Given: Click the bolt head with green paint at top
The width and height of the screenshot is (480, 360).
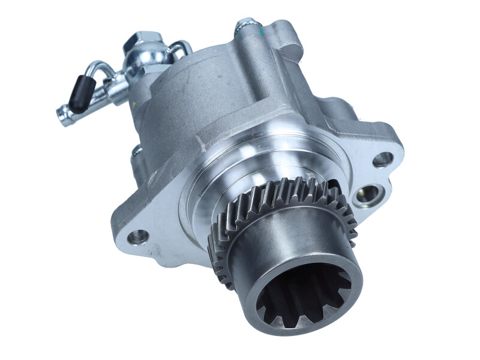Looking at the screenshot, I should (244, 25).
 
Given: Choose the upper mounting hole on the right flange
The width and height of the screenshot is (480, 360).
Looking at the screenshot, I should (382, 159).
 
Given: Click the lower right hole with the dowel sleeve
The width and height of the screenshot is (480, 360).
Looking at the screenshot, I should (368, 194).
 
